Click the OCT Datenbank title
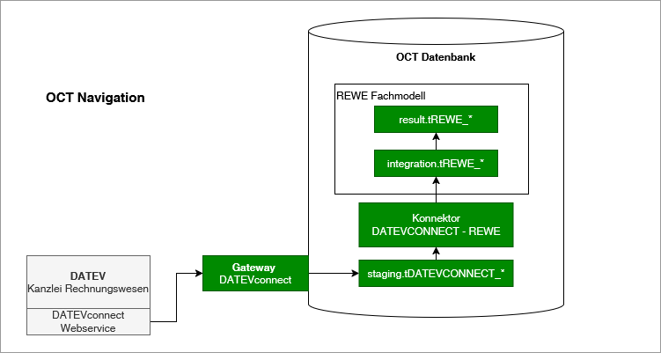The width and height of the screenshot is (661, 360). [x=436, y=57]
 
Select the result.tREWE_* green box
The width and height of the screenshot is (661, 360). [x=436, y=119]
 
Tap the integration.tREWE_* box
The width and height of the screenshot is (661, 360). [x=436, y=163]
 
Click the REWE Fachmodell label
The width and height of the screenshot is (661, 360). [x=381, y=95]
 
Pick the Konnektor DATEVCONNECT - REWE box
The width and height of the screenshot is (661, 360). [x=436, y=224]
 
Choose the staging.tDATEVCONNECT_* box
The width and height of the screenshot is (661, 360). [x=436, y=274]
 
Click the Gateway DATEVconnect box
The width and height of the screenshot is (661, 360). [x=254, y=274]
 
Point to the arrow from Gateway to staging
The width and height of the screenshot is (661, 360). [x=332, y=274]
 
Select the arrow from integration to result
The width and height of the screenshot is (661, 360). [x=436, y=141]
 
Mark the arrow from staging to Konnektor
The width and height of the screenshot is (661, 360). [x=436, y=253]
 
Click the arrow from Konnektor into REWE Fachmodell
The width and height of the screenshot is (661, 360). [x=436, y=189]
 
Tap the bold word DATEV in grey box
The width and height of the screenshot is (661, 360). [x=88, y=276]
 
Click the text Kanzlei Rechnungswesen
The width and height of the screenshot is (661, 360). [x=88, y=289]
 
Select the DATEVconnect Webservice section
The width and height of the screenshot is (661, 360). [x=88, y=321]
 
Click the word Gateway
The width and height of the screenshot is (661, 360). [x=254, y=268]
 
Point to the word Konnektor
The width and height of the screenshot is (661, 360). [x=436, y=218]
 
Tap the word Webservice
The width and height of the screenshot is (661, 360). [x=88, y=328]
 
